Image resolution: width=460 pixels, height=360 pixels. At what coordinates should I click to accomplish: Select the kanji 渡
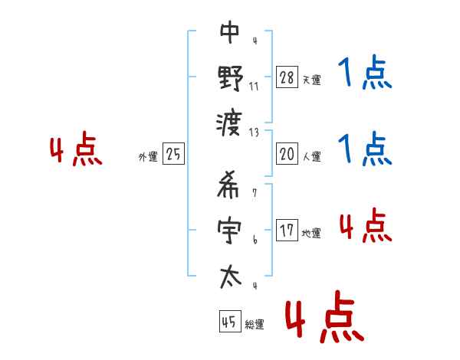(x=230, y=120)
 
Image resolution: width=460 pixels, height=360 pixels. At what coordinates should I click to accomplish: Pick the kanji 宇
(x=230, y=230)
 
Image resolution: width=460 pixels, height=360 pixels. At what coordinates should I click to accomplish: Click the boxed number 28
(x=287, y=77)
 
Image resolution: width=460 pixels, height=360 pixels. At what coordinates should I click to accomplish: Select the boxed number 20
(x=287, y=154)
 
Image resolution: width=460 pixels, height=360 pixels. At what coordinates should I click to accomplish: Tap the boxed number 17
(x=287, y=231)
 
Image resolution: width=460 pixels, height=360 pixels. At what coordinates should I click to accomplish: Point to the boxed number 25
(x=174, y=154)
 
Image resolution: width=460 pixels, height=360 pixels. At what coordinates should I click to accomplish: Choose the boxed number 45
(x=228, y=322)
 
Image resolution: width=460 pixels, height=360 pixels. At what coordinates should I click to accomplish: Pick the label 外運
(x=148, y=157)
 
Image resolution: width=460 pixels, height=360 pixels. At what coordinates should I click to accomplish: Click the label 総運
(x=255, y=325)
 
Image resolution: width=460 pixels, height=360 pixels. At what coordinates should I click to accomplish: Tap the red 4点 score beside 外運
(x=76, y=151)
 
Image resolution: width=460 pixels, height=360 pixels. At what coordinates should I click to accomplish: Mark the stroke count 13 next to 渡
(x=255, y=131)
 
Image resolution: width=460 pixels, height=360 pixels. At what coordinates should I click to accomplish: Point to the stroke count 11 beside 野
(x=254, y=86)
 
